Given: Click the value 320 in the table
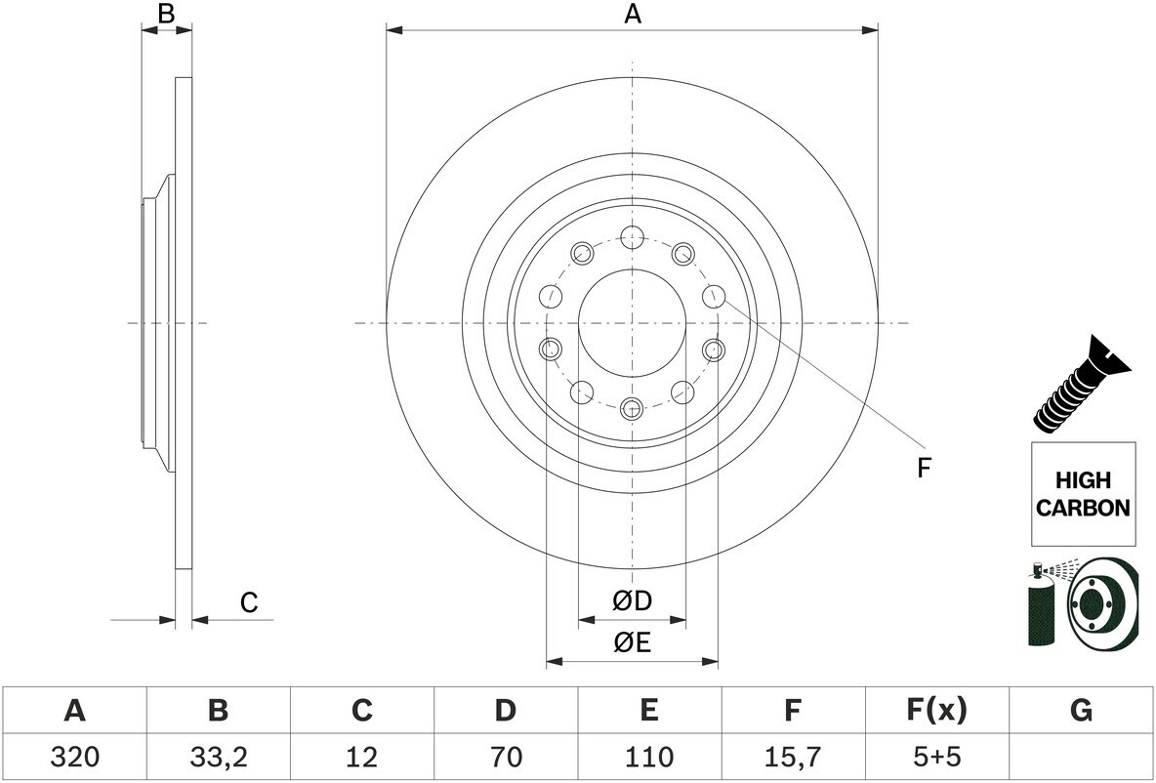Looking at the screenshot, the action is click(75, 757).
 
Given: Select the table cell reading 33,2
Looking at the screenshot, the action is click(219, 758).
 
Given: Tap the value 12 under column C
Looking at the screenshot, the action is click(361, 757).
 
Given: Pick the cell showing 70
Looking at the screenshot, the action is click(505, 757).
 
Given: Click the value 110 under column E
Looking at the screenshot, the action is click(648, 757).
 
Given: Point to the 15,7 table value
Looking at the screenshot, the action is click(792, 758).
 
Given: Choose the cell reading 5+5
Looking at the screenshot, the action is click(935, 757).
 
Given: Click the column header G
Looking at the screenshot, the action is click(1081, 710).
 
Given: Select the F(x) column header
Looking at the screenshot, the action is click(935, 711).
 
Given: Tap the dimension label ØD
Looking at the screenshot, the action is click(633, 601).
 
